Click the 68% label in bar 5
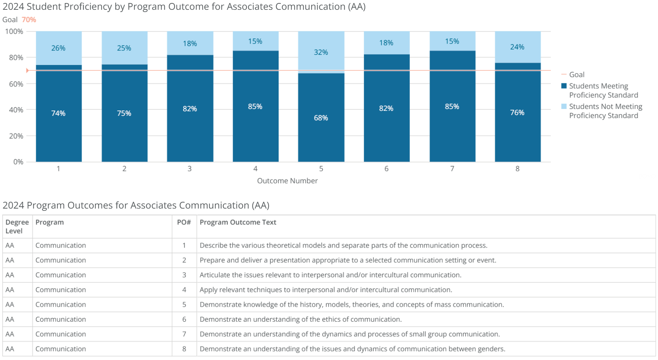(x=321, y=118)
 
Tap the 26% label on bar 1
(x=58, y=48)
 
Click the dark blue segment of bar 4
(x=255, y=128)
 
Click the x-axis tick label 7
(x=452, y=169)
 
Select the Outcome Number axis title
(x=287, y=181)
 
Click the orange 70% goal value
(x=29, y=20)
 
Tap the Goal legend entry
(x=576, y=74)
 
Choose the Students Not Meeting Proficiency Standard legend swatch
(x=564, y=106)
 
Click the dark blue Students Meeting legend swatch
(x=564, y=86)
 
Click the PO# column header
(x=184, y=222)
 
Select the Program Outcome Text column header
(x=238, y=222)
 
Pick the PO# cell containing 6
(x=184, y=319)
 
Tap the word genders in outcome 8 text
(x=491, y=349)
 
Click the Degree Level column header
(x=17, y=226)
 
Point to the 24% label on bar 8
(x=517, y=47)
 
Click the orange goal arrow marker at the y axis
(x=27, y=70)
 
